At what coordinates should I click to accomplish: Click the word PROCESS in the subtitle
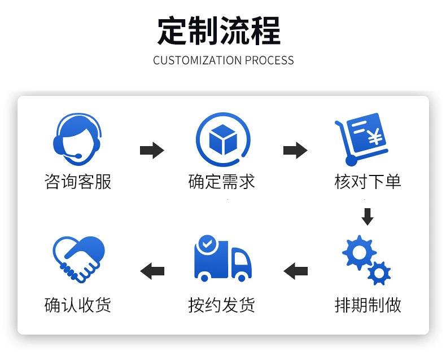pos(269,60)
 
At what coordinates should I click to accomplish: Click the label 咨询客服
pos(78,182)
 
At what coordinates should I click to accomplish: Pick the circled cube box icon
pos(222,138)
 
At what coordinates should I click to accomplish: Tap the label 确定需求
pos(222,182)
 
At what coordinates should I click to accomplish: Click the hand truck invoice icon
pos(361,138)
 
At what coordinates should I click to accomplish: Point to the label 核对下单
pos(368,182)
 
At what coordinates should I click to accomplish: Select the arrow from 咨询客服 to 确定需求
pos(151,151)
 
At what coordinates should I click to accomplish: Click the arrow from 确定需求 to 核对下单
pos(295,151)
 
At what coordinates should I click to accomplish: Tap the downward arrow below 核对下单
pos(368,217)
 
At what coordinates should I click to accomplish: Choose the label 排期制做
pos(368,305)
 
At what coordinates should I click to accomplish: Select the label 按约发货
pos(222,305)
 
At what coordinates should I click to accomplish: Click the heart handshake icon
pos(78,258)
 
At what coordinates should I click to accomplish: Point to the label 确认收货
pos(78,305)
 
